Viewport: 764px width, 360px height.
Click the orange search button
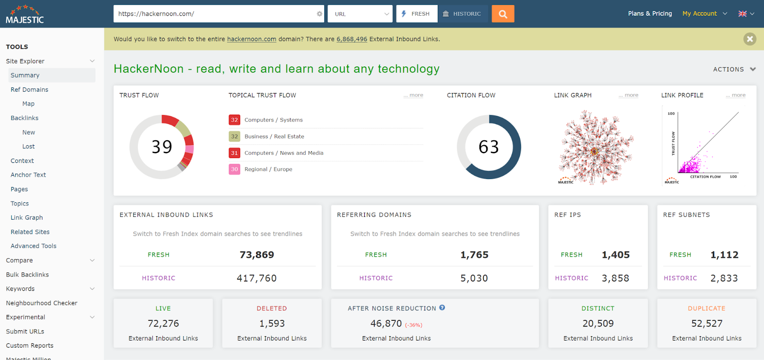point(503,14)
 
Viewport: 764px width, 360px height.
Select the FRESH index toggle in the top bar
point(416,14)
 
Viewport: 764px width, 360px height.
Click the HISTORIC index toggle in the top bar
point(462,14)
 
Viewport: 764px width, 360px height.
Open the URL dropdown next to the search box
point(360,14)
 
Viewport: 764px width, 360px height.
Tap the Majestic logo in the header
point(25,14)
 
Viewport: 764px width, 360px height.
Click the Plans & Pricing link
point(650,13)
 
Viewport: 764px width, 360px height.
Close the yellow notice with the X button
point(750,39)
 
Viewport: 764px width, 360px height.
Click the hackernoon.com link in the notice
point(252,39)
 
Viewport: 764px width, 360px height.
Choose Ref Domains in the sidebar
point(30,90)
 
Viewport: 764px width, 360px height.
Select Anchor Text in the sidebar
point(28,175)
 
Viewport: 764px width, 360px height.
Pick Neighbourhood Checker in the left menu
point(42,303)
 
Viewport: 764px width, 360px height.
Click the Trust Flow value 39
point(162,147)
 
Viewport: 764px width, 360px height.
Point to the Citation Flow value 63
point(489,147)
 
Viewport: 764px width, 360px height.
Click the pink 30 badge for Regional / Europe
point(234,169)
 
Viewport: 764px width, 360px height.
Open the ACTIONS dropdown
point(734,69)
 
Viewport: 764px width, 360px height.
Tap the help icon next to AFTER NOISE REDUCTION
point(442,308)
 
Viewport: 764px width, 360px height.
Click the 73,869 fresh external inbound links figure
point(257,255)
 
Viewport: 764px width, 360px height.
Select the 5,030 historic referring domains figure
point(474,278)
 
